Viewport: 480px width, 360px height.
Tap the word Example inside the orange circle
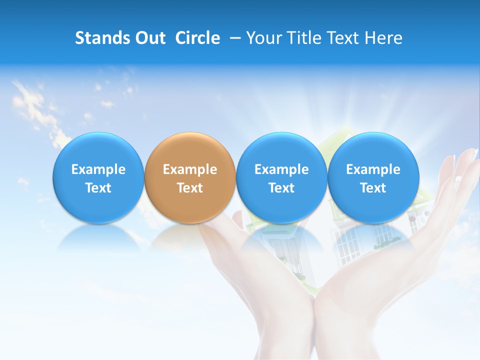point(190,169)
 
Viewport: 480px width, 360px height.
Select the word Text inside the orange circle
point(190,188)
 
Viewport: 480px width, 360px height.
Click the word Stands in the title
point(101,38)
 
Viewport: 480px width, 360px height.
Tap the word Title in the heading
point(302,38)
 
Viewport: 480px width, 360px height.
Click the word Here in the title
point(383,38)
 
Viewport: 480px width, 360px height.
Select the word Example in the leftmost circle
point(98,169)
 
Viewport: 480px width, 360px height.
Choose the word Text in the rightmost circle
point(373,188)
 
